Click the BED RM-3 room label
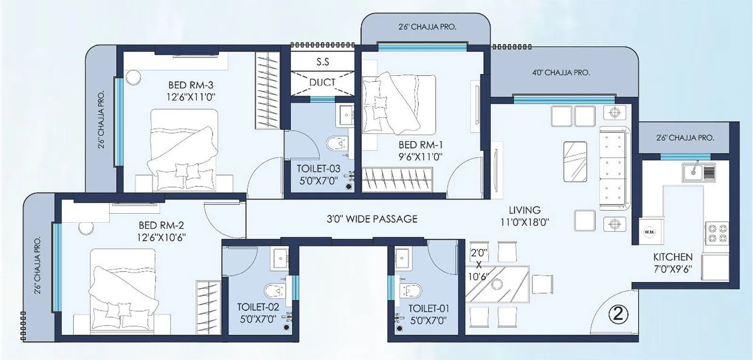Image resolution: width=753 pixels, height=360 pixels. pyautogui.click(x=191, y=85)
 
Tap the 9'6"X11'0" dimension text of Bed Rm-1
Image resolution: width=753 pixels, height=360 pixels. pyautogui.click(x=420, y=157)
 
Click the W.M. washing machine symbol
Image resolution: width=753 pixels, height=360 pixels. pyautogui.click(x=649, y=232)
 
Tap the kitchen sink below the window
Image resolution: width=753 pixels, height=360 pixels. pyautogui.click(x=698, y=172)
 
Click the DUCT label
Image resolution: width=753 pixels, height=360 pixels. pyautogui.click(x=322, y=82)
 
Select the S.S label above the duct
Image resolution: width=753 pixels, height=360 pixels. pyautogui.click(x=322, y=62)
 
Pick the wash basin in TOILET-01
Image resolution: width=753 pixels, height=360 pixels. pyautogui.click(x=402, y=257)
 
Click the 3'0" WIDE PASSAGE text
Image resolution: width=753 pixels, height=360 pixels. pyautogui.click(x=372, y=219)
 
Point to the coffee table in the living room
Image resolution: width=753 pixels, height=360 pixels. pyautogui.click(x=575, y=161)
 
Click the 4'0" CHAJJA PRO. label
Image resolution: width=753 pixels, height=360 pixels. pyautogui.click(x=561, y=73)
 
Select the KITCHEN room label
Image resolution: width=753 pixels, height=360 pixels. pyautogui.click(x=673, y=257)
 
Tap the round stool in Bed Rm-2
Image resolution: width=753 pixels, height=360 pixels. pyautogui.click(x=86, y=227)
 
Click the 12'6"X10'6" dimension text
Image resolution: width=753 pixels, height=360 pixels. pyautogui.click(x=161, y=237)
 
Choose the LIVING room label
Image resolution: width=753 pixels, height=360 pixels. pyautogui.click(x=524, y=210)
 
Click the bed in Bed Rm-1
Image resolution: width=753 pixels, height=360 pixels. pyautogui.click(x=398, y=104)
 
